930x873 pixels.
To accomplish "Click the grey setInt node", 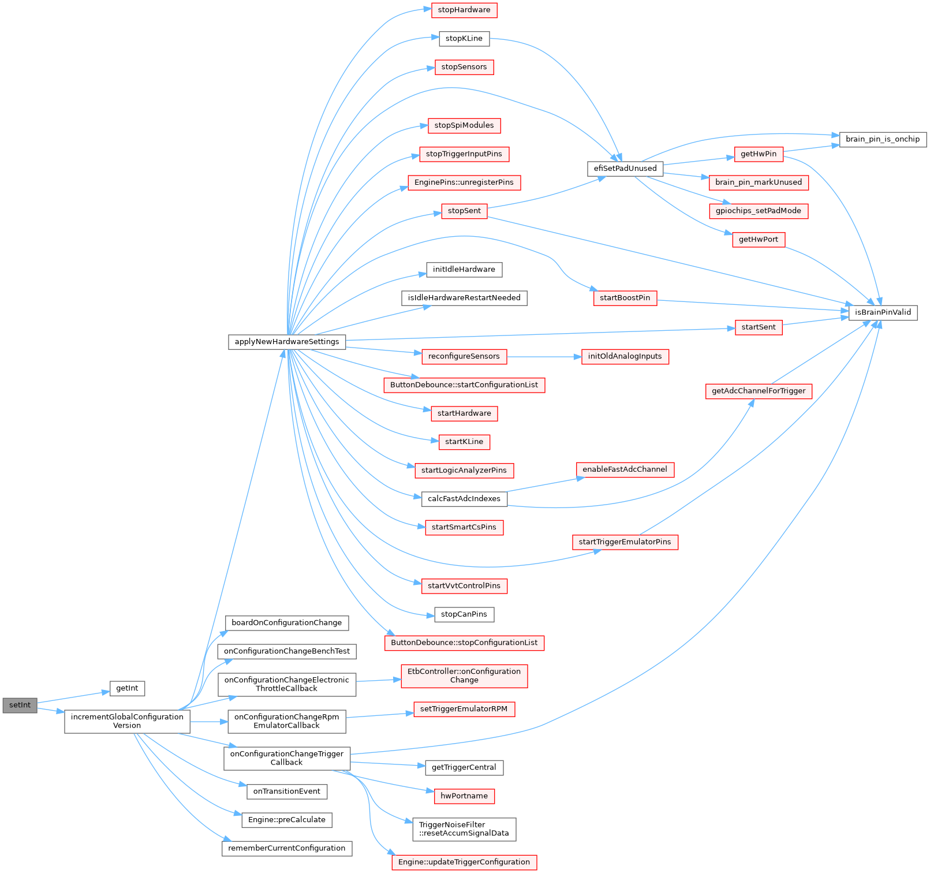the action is click(20, 706).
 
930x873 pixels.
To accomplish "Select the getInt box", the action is click(127, 688).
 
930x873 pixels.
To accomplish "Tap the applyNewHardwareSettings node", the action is click(287, 342).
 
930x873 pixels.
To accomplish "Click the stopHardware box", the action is click(464, 10).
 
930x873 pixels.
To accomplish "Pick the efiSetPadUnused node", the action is click(625, 169).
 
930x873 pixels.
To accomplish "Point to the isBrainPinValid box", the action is click(883, 312).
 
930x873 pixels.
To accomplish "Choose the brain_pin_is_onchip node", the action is click(883, 139).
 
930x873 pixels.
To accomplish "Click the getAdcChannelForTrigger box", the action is click(759, 391).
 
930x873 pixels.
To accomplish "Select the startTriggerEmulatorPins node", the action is click(625, 542).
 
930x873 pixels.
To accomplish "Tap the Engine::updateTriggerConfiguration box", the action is click(464, 862).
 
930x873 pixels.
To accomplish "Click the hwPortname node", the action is click(464, 796).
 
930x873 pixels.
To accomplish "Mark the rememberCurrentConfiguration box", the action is click(287, 848).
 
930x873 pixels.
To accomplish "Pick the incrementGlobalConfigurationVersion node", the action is click(127, 721).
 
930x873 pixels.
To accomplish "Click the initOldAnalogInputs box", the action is click(625, 356).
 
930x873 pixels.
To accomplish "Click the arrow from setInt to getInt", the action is click(73, 697).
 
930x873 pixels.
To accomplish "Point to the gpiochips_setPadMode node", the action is click(759, 211).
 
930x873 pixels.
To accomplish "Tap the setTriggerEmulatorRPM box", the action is click(464, 709).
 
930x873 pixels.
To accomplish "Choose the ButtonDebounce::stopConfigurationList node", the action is click(464, 643).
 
